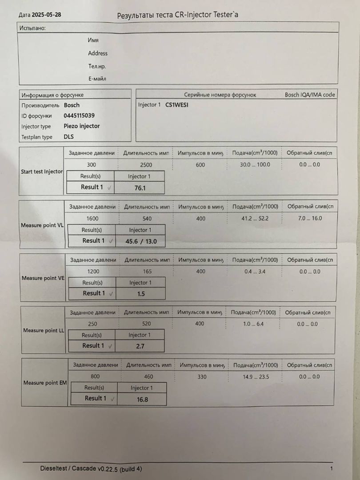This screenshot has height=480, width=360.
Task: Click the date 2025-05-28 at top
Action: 47,15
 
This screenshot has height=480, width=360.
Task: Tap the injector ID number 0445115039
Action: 79,116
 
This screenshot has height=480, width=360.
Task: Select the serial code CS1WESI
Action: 177,105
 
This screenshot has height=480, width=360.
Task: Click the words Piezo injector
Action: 82,126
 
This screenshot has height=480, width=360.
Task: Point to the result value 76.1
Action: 140,188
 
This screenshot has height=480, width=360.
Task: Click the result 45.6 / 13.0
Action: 140,241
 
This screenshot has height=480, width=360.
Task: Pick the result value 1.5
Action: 141,294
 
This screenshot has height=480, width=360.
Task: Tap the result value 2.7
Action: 140,346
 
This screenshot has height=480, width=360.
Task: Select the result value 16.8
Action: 142,399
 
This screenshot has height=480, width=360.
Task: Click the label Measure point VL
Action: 42,225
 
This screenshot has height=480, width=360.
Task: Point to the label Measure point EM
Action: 44,383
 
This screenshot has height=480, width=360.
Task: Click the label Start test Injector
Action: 42,172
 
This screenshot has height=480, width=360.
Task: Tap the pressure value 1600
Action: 92,219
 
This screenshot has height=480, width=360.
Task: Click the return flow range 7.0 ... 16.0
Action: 310,218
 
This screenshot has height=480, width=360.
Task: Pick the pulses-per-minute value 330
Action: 201,377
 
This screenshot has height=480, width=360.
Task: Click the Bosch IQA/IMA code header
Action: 310,95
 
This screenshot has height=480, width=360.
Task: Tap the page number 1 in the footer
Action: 332,468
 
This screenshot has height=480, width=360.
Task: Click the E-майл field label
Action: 97,79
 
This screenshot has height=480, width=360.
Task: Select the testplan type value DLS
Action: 69,137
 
